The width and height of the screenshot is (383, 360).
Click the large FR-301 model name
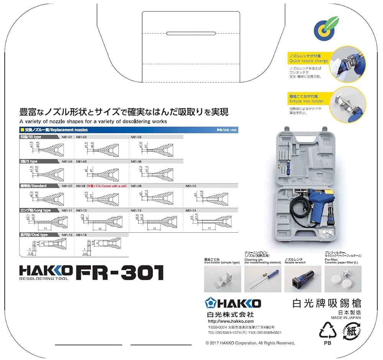click(119, 273)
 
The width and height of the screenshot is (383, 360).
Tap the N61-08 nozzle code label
click(81, 186)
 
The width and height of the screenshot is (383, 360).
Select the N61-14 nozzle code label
click(190, 210)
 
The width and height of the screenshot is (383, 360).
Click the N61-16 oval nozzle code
click(81, 235)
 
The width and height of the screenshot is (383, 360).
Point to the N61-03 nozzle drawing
click(151, 148)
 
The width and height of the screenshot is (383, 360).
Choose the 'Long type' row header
click(35, 210)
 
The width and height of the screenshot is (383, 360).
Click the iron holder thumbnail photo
click(223, 279)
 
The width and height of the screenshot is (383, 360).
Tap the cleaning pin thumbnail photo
click(262, 279)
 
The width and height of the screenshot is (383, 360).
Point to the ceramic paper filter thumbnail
click(343, 279)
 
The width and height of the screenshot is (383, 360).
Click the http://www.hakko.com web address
click(231, 321)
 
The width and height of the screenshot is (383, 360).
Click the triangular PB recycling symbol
click(327, 331)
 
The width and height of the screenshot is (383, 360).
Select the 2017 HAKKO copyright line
click(250, 343)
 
